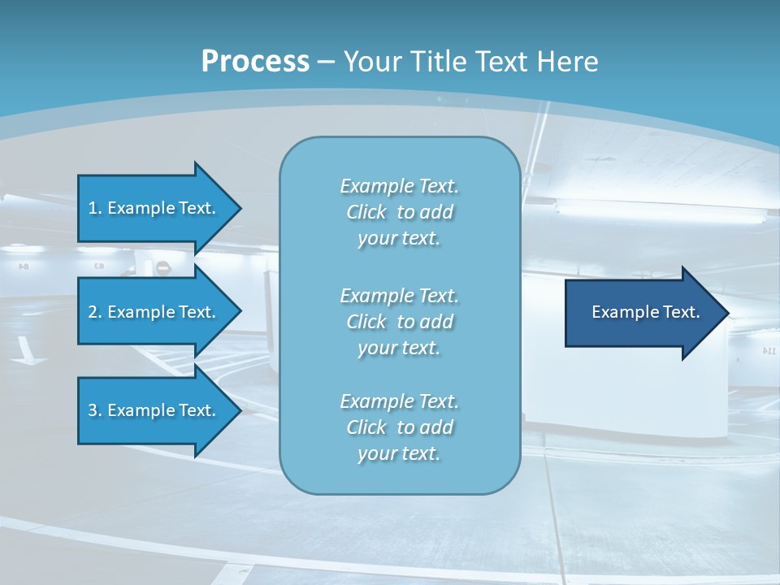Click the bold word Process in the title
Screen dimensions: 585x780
pos(255,62)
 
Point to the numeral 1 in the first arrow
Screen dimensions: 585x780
pos(92,208)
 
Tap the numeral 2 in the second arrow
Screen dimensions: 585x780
pos(92,312)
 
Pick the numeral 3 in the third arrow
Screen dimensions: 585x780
pos(92,410)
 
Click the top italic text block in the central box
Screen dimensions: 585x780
pos(399,212)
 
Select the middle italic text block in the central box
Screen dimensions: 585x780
pos(399,322)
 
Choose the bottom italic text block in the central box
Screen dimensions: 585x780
pos(399,427)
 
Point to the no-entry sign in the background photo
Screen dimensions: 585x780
pos(162,267)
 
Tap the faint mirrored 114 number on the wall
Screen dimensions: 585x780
pos(769,350)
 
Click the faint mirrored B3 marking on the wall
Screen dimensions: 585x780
pos(99,266)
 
